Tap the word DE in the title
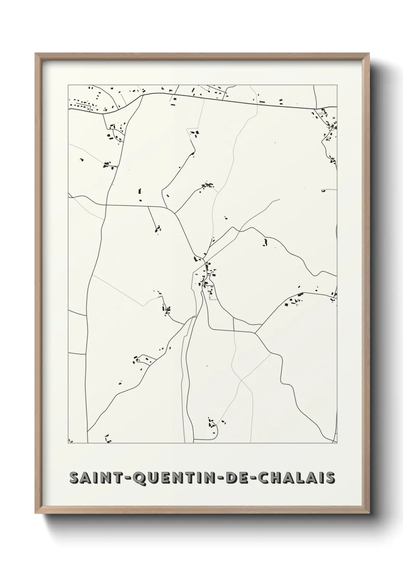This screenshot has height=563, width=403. [233, 477]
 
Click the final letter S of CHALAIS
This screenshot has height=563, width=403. [330, 477]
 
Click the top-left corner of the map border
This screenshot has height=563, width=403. [68, 85]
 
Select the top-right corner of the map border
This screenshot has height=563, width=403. [337, 85]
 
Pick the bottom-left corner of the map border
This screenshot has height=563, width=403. [68, 443]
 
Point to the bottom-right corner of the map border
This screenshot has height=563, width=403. [337, 443]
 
